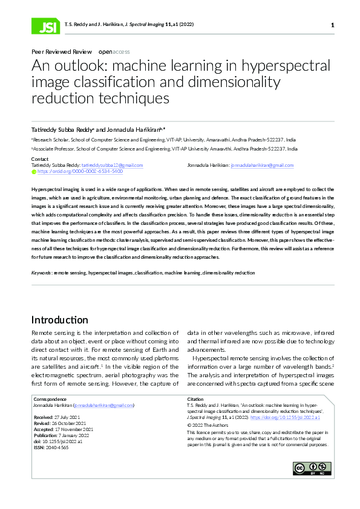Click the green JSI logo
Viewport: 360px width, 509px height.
tap(45, 25)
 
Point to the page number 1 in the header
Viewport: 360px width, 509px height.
tap(332, 25)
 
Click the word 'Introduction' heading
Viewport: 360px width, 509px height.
tap(59, 320)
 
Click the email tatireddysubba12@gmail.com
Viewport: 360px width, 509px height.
tap(112, 165)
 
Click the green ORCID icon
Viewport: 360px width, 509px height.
tap(34, 172)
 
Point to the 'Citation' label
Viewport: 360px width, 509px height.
tap(196, 399)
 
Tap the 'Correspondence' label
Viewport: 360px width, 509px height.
tap(50, 399)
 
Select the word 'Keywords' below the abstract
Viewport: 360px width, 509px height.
tap(41, 273)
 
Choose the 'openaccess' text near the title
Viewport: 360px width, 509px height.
tap(114, 52)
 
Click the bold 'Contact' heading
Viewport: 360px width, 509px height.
tap(40, 159)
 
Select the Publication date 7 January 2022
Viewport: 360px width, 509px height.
tap(74, 435)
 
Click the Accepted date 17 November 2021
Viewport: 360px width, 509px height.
tap(76, 429)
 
